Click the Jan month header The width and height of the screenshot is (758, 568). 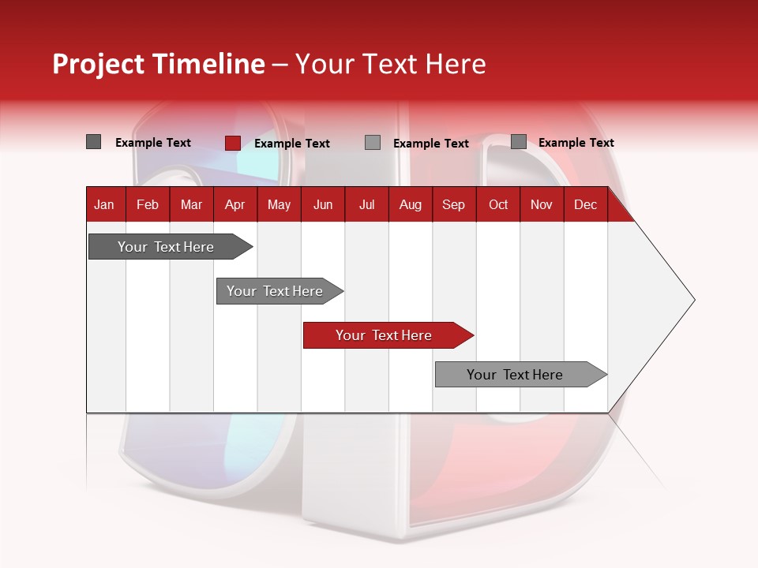[104, 204]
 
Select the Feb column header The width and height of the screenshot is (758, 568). [148, 204]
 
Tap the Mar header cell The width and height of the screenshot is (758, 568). [191, 204]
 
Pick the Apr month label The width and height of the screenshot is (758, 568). [235, 204]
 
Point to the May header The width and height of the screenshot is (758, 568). [279, 204]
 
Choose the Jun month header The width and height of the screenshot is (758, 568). [323, 204]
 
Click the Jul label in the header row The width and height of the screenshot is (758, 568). [366, 204]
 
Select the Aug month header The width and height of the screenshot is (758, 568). [410, 204]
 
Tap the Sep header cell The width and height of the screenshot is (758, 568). [453, 204]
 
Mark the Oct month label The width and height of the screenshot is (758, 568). [498, 204]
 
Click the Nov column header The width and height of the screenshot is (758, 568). [542, 204]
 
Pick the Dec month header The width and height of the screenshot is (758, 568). [585, 204]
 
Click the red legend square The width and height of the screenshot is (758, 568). [232, 143]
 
